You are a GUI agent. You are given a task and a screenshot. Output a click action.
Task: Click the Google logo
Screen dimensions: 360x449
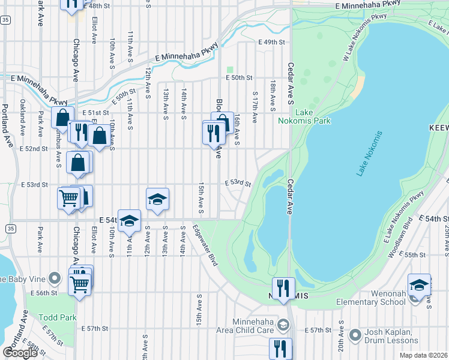tap(20, 353)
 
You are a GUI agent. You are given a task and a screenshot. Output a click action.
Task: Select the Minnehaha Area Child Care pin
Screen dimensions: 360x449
tap(283, 325)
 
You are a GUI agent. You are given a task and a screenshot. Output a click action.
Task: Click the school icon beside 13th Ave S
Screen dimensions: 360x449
tap(157, 199)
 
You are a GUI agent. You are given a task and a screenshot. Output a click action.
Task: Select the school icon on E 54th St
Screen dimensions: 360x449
tap(129, 221)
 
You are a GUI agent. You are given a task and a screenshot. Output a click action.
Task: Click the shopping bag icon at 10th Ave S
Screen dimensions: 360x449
tap(100, 136)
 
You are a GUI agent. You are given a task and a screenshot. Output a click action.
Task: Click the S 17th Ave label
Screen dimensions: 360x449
tap(255, 107)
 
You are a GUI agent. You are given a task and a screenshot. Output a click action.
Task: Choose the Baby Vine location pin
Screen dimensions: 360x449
tap(55, 278)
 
